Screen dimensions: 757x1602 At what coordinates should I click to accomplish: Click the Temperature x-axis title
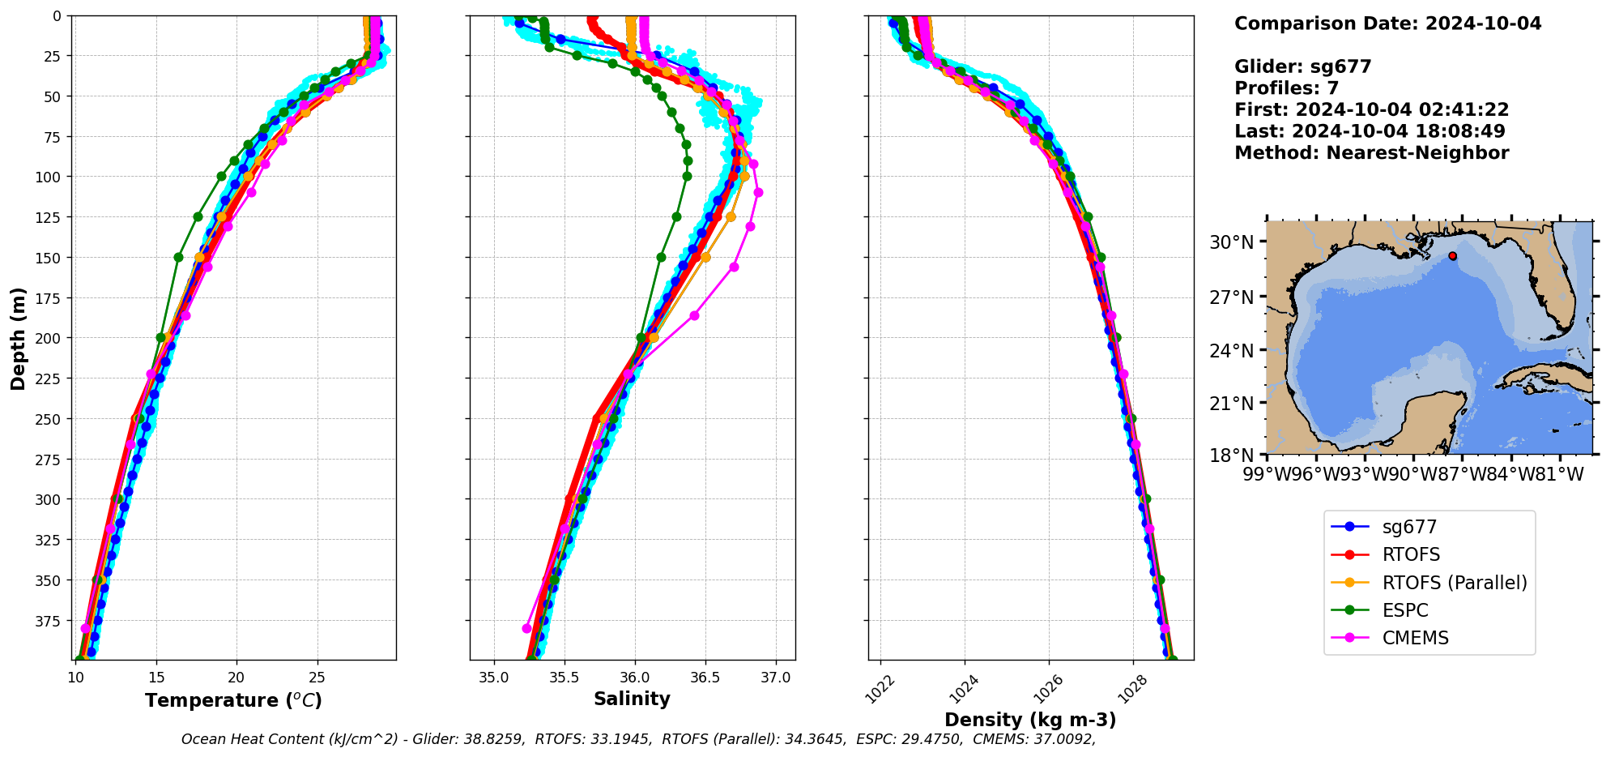pyautogui.click(x=233, y=700)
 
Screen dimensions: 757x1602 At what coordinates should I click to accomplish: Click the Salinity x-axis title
pyautogui.click(x=632, y=699)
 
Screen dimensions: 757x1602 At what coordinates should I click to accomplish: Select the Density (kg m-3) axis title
pyautogui.click(x=1030, y=720)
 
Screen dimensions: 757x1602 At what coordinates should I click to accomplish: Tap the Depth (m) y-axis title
pyautogui.click(x=18, y=338)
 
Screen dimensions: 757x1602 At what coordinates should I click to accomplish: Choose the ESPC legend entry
pyautogui.click(x=1404, y=610)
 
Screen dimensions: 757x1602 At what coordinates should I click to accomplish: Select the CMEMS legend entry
pyautogui.click(x=1415, y=638)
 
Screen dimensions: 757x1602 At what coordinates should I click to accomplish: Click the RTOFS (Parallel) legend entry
pyautogui.click(x=1454, y=583)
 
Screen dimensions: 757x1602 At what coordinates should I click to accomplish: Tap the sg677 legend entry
pyautogui.click(x=1409, y=527)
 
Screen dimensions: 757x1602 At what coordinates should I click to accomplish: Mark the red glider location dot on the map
pyautogui.click(x=1452, y=256)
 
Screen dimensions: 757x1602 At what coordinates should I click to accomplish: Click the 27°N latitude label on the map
pyautogui.click(x=1231, y=297)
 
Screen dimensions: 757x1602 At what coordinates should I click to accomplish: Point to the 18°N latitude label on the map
pyautogui.click(x=1231, y=455)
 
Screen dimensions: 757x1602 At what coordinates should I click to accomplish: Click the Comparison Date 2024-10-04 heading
pyautogui.click(x=1387, y=24)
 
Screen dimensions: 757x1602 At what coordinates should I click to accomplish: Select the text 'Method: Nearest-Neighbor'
pyautogui.click(x=1371, y=153)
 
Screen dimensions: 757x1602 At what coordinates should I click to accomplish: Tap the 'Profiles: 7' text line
pyautogui.click(x=1286, y=88)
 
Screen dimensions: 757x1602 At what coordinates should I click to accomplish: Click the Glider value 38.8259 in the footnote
pyautogui.click(x=495, y=739)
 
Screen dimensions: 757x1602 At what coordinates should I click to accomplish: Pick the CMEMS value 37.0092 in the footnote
pyautogui.click(x=1060, y=739)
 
